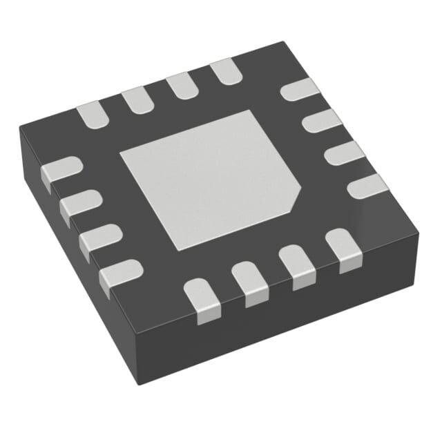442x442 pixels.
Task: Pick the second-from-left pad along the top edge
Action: coord(136,99)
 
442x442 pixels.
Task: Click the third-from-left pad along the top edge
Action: coord(180,85)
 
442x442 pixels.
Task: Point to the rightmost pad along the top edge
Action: coord(224,71)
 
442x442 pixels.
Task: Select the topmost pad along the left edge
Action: coord(59,170)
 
